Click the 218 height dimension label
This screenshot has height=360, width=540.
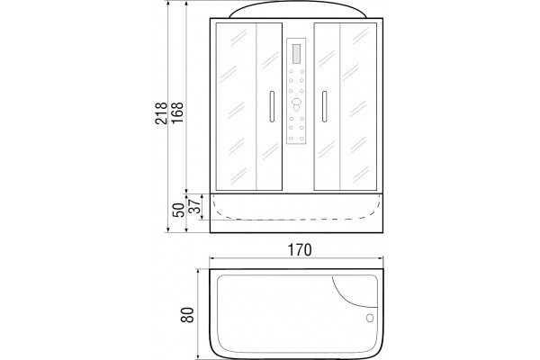pos(161,113)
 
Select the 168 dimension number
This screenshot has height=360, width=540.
pos(177,113)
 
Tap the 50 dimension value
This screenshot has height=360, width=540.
pos(178,210)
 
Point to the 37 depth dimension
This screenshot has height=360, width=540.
pos(195,206)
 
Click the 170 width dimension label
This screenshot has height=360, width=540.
pos(300,250)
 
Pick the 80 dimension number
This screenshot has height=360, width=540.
pos(187,314)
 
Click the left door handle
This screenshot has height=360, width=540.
pos(272,106)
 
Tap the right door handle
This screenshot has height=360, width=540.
pos(324,106)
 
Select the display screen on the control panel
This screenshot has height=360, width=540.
pos(296,53)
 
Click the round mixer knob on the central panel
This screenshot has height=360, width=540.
pos(296,102)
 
